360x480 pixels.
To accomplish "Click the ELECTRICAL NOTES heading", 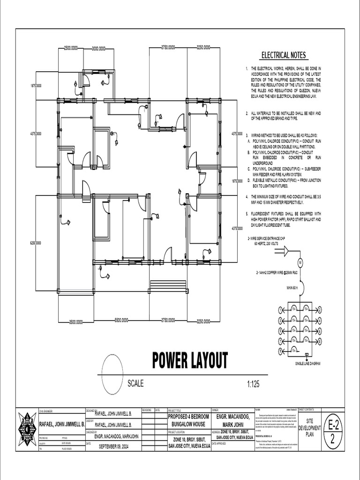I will point(283,55).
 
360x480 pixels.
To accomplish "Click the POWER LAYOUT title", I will point(190,360).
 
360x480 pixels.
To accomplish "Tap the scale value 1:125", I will point(254,384).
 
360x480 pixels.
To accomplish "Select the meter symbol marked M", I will point(301,262).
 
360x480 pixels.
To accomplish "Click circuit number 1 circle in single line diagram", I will point(281,310).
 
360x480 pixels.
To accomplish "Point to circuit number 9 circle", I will point(281,351).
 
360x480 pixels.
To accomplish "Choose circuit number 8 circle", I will point(320,341).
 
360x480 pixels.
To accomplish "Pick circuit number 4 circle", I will point(320,320).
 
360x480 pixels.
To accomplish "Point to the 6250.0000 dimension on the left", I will point(36,243).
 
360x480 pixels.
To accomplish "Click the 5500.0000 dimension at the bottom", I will point(123,321).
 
